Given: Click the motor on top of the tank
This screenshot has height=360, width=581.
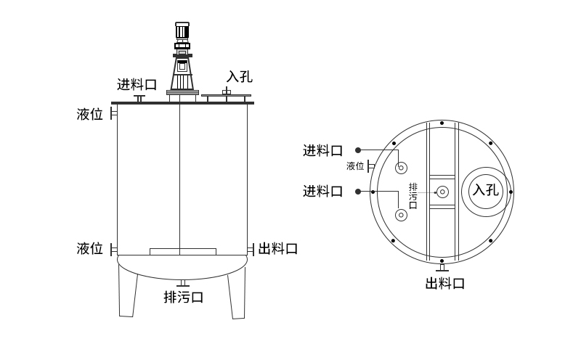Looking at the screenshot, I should [x=182, y=33].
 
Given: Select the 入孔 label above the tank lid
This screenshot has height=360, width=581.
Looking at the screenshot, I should [x=240, y=76].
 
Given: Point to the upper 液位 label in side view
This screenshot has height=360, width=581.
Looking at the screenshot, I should [x=90, y=114].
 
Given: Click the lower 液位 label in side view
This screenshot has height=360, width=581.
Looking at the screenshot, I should [x=90, y=248].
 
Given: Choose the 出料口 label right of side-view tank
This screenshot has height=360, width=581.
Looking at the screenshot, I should [x=278, y=248].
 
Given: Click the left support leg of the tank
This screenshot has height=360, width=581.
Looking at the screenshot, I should [x=128, y=290].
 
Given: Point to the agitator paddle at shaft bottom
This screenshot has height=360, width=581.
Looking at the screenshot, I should [x=182, y=251].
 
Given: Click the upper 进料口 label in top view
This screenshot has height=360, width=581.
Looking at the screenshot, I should [x=322, y=150].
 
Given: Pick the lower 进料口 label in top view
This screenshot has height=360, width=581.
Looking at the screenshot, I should [x=322, y=191].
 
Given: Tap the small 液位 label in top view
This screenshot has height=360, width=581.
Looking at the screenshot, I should [x=355, y=166].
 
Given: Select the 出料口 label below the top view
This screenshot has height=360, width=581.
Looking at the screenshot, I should [x=444, y=283].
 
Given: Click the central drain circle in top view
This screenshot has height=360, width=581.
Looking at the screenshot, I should [x=442, y=192].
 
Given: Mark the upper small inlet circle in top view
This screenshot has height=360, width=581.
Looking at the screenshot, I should [x=401, y=168].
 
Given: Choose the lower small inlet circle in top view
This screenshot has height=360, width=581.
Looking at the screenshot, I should [x=401, y=215].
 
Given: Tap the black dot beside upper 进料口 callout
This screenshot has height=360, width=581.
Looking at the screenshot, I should [x=358, y=150].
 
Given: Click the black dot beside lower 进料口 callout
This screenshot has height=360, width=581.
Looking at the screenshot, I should [x=358, y=191].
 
